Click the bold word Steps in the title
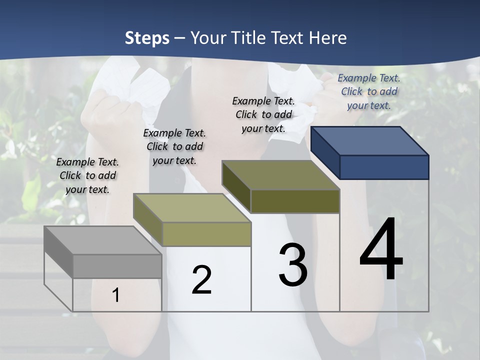pyautogui.click(x=147, y=38)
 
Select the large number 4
pyautogui.click(x=381, y=250)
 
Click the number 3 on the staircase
pyautogui.click(x=292, y=265)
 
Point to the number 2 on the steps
pyautogui.click(x=201, y=280)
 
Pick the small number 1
pyautogui.click(x=116, y=295)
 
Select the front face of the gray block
pyautogui.click(x=117, y=266)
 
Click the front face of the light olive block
pyautogui.click(x=206, y=234)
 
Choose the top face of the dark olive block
pyautogui.click(x=280, y=175)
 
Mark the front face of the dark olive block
pyautogui.click(x=295, y=201)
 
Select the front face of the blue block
pyautogui.click(x=384, y=167)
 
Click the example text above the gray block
pyautogui.click(x=87, y=175)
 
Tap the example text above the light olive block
pyautogui.click(x=174, y=146)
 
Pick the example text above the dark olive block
pyautogui.click(x=263, y=114)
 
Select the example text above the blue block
pyautogui.click(x=369, y=91)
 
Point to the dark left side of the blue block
pyautogui.click(x=325, y=153)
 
